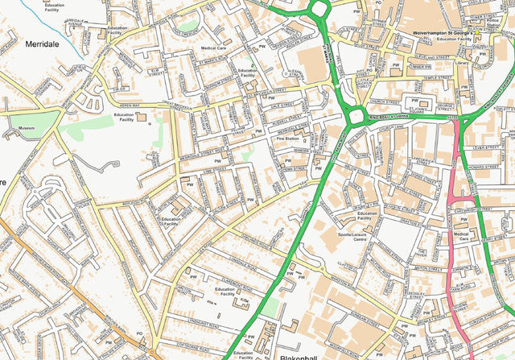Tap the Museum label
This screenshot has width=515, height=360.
coord(27,128)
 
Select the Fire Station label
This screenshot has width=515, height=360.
coord(287,139)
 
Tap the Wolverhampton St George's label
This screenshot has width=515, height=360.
coord(443,32)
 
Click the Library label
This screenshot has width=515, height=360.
coord(460,63)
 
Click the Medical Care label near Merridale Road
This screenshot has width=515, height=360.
coord(213,48)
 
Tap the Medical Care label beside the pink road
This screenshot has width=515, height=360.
coord(463,235)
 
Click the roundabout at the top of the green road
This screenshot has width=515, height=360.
coord(319,9)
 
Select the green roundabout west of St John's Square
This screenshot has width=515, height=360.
coord(355,118)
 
